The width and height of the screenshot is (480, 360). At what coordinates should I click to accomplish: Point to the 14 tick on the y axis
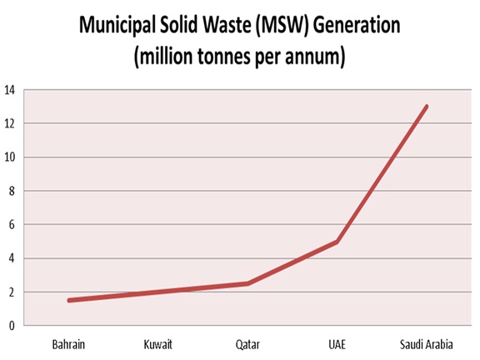(x=10, y=89)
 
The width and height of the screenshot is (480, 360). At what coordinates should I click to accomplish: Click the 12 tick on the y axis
(x=10, y=123)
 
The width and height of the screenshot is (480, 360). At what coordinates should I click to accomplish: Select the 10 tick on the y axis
(x=10, y=157)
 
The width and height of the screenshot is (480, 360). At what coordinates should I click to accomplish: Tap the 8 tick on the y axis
(x=12, y=191)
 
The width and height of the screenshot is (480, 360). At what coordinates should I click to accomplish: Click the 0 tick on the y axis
(x=12, y=326)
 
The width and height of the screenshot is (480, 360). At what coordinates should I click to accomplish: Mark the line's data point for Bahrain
(x=69, y=300)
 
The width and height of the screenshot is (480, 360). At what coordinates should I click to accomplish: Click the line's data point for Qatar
(x=247, y=283)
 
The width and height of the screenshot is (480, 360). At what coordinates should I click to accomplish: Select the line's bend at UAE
(x=337, y=242)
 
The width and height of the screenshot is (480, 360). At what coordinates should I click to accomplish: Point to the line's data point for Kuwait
(x=157, y=292)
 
